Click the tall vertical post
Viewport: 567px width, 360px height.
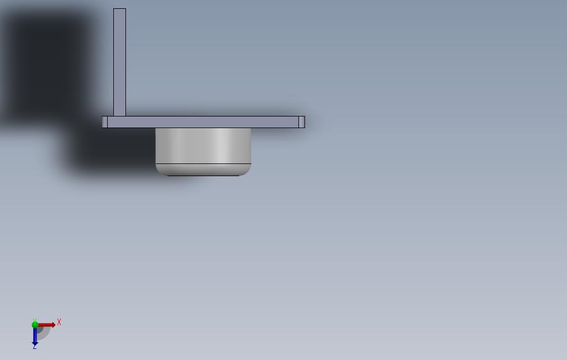[x=120, y=62]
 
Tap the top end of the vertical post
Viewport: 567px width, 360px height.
[x=120, y=9]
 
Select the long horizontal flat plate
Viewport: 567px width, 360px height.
[x=203, y=122]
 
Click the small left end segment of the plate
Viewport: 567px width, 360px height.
[x=105, y=122]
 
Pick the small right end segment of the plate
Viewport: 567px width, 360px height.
[x=302, y=122]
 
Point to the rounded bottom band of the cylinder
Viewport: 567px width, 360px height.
[x=203, y=170]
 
